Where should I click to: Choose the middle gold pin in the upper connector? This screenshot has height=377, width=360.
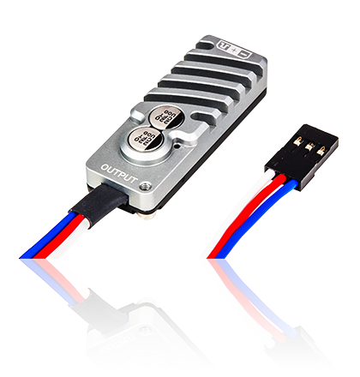click(311, 141)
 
